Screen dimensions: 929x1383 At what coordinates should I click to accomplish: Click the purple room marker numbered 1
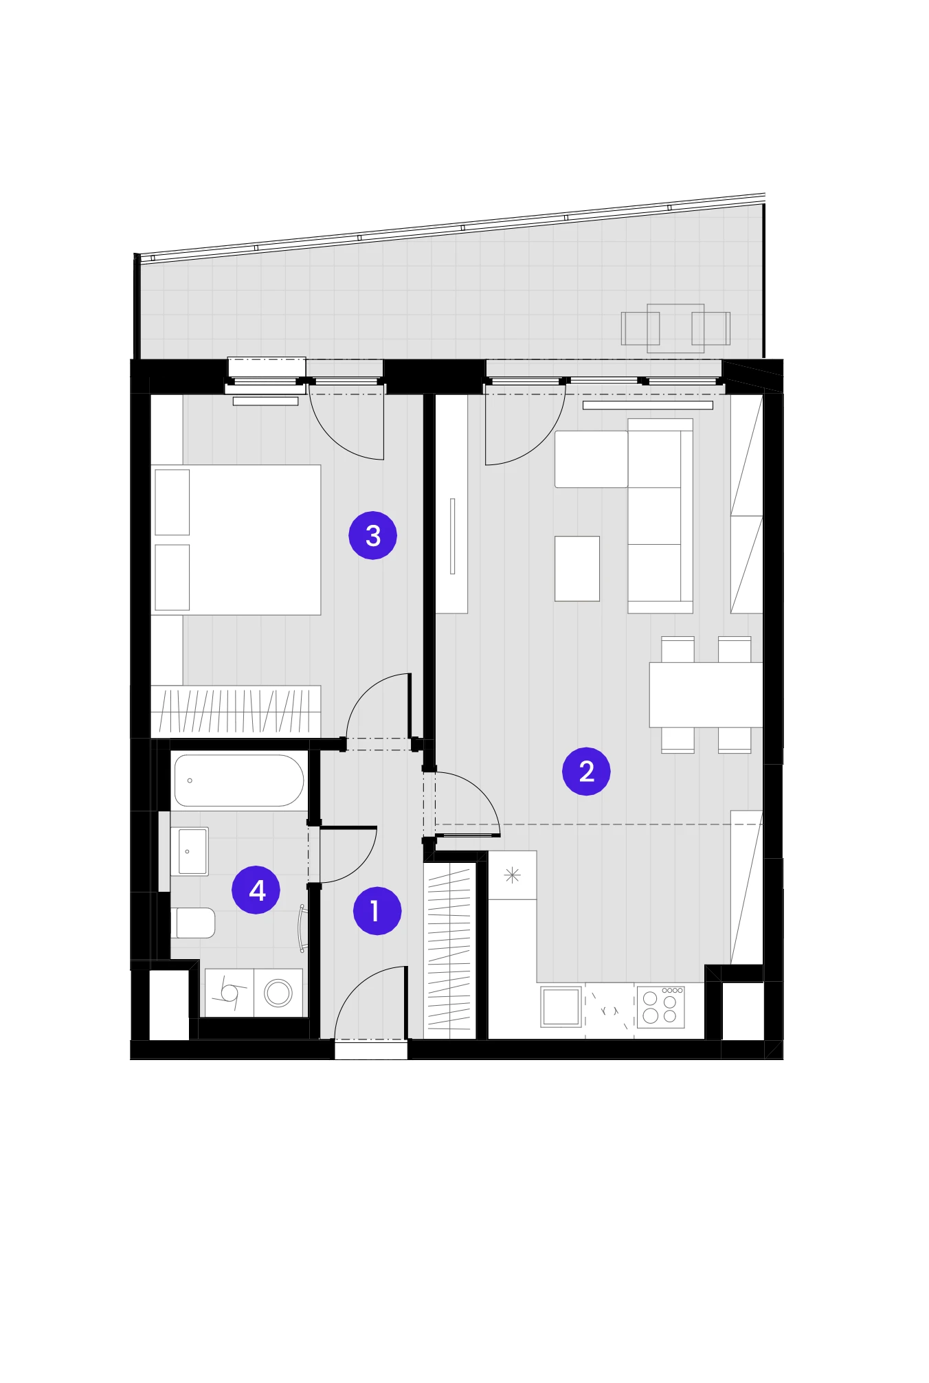[x=377, y=911]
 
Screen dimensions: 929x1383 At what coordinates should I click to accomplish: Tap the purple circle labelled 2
[x=586, y=771]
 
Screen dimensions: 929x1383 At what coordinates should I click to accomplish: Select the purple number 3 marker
[x=372, y=535]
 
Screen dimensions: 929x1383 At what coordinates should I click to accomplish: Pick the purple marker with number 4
[x=256, y=890]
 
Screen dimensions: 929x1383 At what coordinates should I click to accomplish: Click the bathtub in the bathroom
[x=239, y=780]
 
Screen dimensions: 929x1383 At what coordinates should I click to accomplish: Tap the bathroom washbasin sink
[x=190, y=851]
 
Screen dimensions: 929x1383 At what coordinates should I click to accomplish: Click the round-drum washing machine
[x=278, y=993]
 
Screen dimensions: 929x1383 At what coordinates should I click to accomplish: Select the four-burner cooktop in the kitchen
[x=660, y=1007]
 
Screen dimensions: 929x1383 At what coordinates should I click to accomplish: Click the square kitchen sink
[x=561, y=1007]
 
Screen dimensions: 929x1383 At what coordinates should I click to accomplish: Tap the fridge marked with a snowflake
[x=512, y=875]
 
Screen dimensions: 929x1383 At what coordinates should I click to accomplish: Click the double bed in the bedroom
[x=236, y=540]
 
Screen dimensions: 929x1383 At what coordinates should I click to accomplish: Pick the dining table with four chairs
[x=706, y=695]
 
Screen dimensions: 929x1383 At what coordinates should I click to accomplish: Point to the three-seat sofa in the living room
[x=660, y=516]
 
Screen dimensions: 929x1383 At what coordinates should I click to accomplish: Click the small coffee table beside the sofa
[x=577, y=569]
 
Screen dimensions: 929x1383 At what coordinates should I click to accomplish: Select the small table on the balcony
[x=675, y=328]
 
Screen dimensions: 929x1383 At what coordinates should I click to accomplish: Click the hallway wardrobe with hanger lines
[x=449, y=950]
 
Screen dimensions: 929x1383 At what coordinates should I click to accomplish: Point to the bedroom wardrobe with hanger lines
[x=236, y=711]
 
